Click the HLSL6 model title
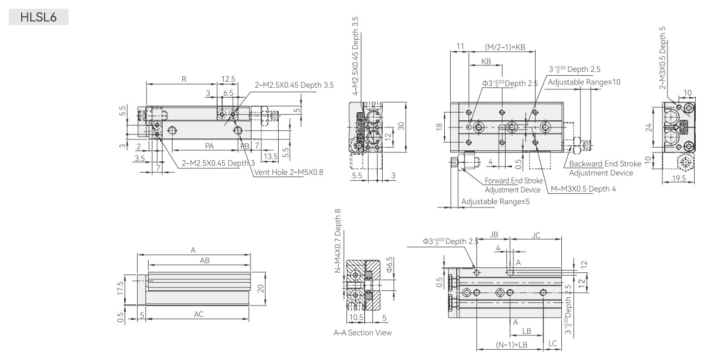click(39, 17)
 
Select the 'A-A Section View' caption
click(363, 333)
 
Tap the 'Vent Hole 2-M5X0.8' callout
click(289, 172)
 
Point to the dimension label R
click(184, 80)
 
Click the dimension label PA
click(209, 146)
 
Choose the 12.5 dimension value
click(228, 79)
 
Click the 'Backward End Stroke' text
click(605, 164)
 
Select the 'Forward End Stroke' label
click(514, 181)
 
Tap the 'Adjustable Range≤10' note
click(584, 82)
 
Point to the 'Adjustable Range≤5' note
click(495, 202)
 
